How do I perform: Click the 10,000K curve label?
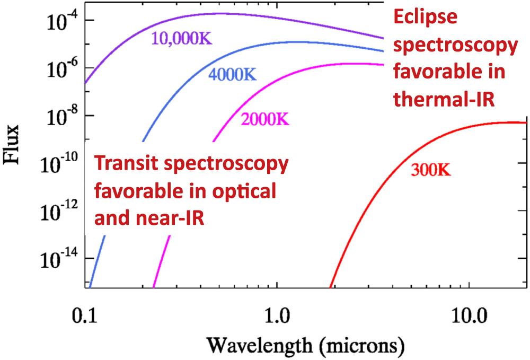coord(181,39)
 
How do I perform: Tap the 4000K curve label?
coord(232,74)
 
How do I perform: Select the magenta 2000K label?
coord(264,120)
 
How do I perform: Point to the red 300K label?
coord(430,171)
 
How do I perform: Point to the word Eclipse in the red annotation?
coord(425,18)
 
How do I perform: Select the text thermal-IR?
coord(443,99)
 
